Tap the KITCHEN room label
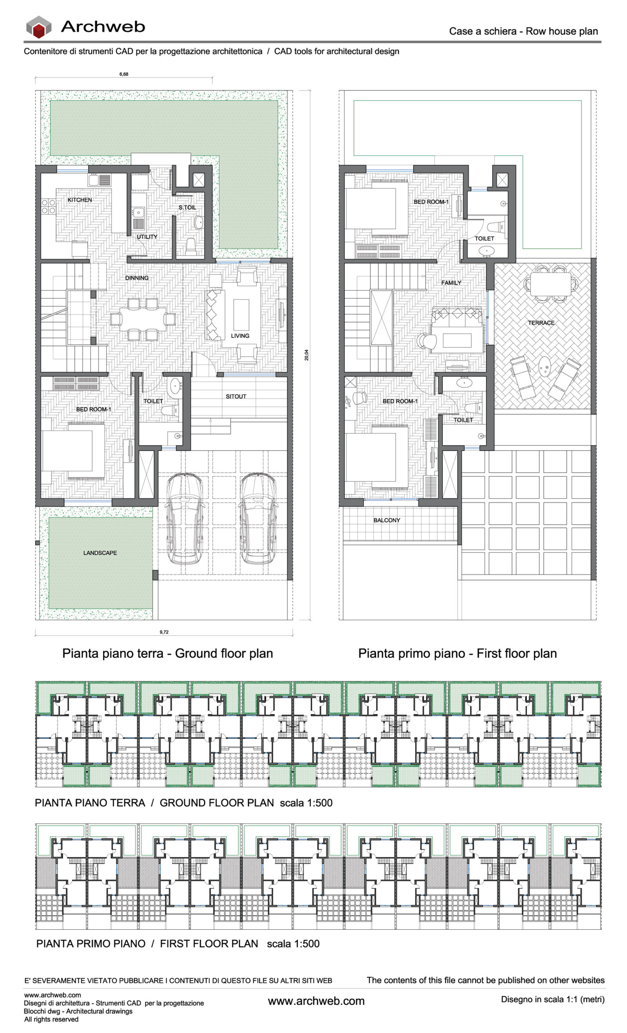coord(79,200)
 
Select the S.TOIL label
coord(187,208)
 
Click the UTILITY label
coord(147,237)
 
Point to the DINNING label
coord(137,278)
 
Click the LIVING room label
coord(240,336)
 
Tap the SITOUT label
coord(236,396)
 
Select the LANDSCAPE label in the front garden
coord(100,553)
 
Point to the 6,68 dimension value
coord(124,74)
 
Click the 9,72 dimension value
coord(164,632)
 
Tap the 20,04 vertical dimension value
coord(306,355)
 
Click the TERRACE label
coord(541,323)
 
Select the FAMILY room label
coord(451,283)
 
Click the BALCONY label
coord(386,520)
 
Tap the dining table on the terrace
coord(550,284)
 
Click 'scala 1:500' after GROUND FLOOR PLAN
coord(306,803)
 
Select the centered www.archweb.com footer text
coord(316,1001)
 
